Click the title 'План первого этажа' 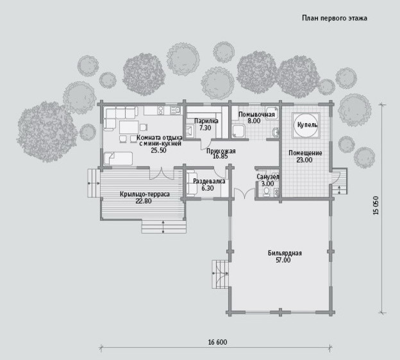(x=335, y=18)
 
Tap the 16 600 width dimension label (x=217, y=342)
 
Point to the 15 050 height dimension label (x=376, y=205)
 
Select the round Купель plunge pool (x=306, y=125)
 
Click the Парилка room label (x=206, y=121)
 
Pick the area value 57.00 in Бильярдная (x=283, y=260)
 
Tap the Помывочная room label (x=256, y=115)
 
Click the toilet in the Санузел (x=267, y=192)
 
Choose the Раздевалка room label (x=209, y=181)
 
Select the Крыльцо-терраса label (x=145, y=194)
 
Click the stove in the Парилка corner (x=190, y=131)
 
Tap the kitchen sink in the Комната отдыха (x=175, y=110)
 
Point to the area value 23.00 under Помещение (x=304, y=160)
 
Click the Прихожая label (x=221, y=151)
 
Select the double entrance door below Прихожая (x=245, y=193)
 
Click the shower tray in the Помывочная (x=238, y=132)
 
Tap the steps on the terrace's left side (x=94, y=183)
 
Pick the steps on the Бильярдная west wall (x=220, y=274)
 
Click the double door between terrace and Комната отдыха (x=162, y=174)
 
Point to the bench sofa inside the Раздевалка (x=191, y=183)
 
